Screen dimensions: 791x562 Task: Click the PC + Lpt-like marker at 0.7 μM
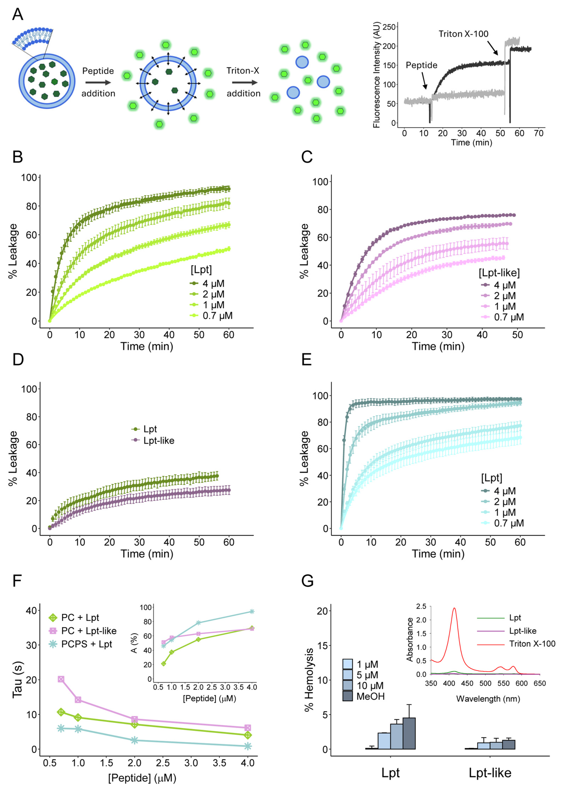coord(61,679)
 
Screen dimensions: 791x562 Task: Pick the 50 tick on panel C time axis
coord(517,335)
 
